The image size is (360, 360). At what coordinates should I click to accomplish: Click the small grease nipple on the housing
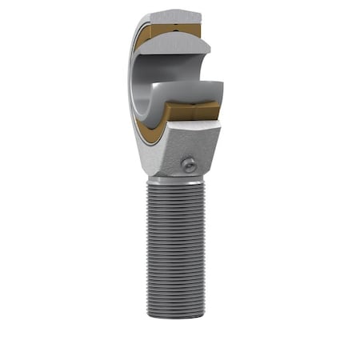pos(188,165)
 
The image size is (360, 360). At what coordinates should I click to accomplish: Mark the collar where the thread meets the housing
pos(172,180)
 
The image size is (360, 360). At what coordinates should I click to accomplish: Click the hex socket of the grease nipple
pos(190,165)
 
